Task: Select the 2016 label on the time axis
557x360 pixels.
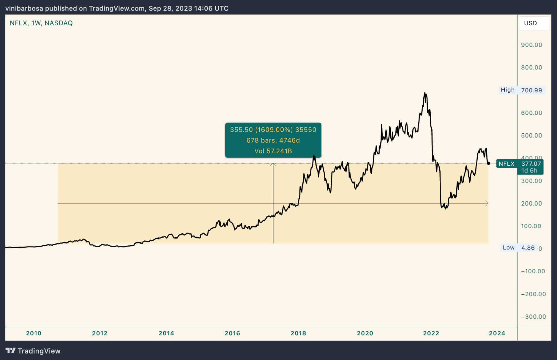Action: [232, 333]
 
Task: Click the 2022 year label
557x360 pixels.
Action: [431, 333]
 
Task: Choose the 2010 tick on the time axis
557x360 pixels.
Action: [34, 333]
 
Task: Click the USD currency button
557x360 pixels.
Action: [531, 23]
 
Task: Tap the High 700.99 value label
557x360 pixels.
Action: [531, 90]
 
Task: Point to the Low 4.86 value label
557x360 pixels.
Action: [528, 248]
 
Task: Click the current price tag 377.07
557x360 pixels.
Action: [531, 164]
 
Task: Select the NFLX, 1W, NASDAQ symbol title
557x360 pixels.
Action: [41, 23]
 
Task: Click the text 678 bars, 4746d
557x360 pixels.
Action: [273, 140]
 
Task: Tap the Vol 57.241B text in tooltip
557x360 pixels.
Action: [273, 151]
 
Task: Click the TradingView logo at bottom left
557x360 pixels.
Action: [33, 351]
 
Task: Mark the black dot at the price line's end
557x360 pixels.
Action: [488, 163]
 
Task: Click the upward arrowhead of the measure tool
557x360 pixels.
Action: [273, 164]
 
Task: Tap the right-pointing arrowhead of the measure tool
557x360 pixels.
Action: [487, 203]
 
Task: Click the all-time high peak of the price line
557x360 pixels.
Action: [425, 93]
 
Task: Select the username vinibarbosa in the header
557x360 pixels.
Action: [24, 8]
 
